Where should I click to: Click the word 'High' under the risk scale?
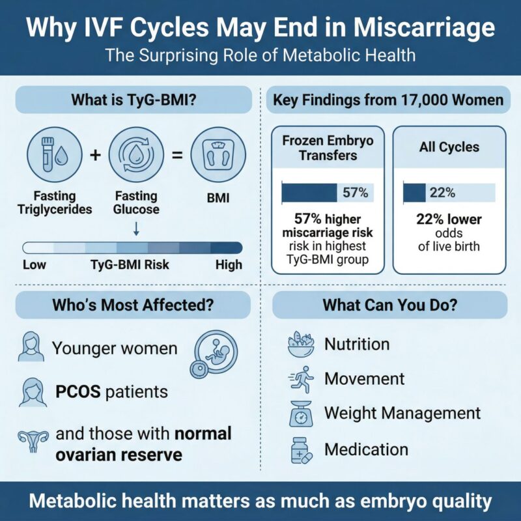(x=228, y=264)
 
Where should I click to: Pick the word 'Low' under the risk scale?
(x=35, y=264)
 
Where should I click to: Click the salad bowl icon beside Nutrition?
(x=300, y=345)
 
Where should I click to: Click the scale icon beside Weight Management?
(x=300, y=414)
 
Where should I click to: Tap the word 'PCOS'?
(x=76, y=392)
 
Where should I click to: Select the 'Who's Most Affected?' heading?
(x=134, y=304)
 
